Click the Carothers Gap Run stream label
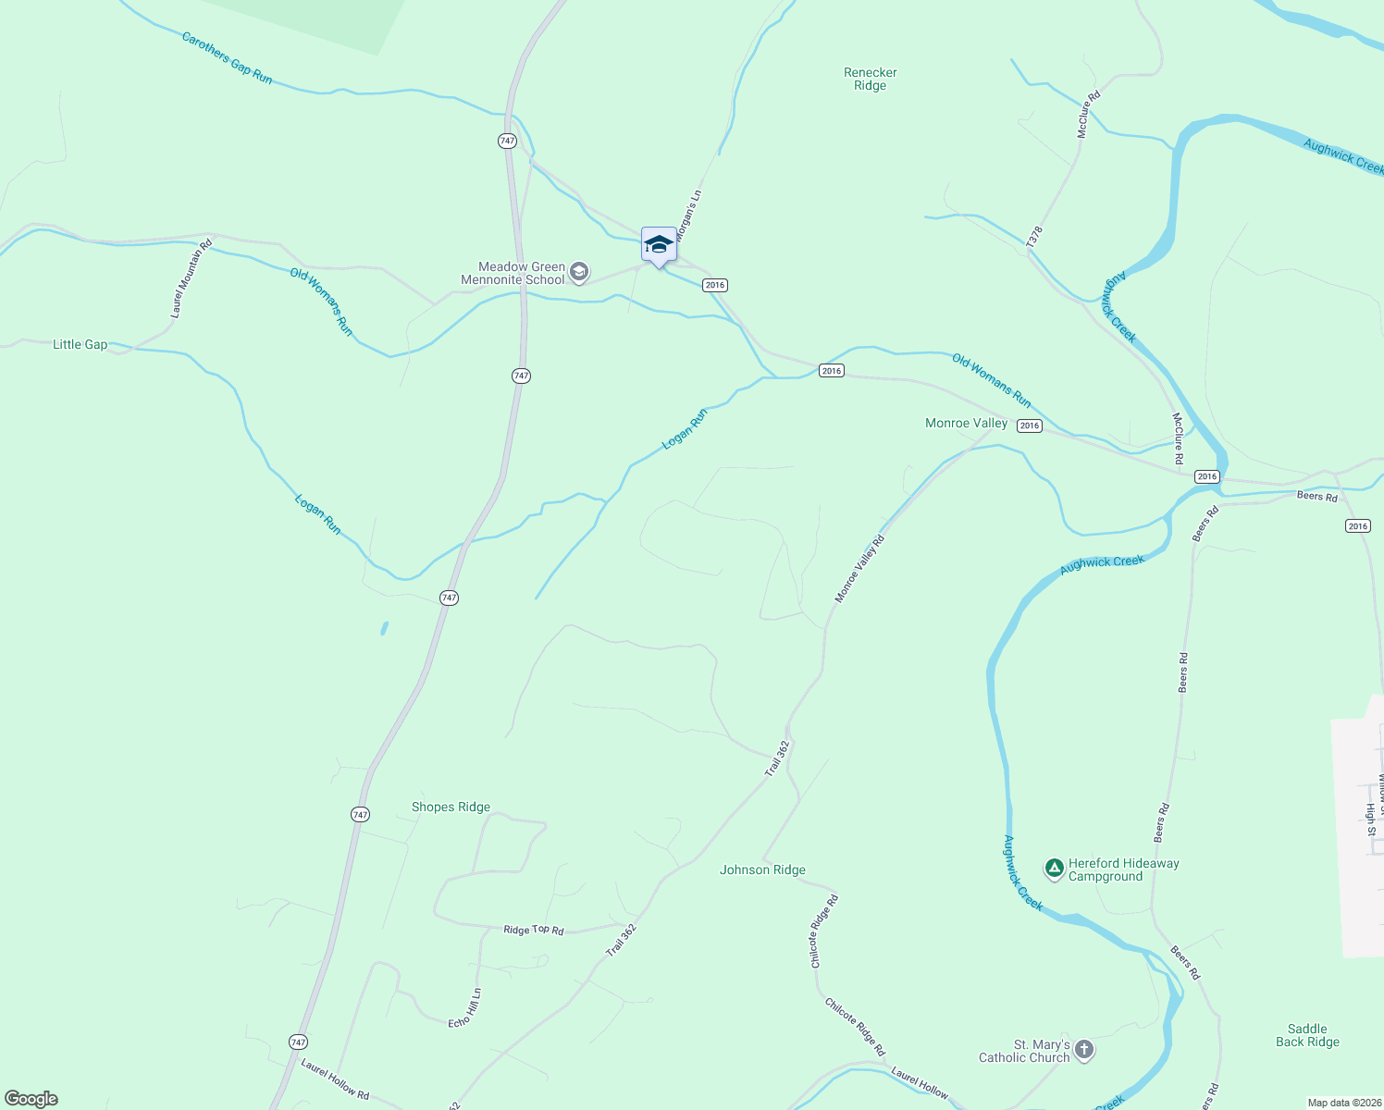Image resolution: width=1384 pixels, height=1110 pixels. (x=227, y=58)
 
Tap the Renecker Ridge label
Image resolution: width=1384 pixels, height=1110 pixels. (x=870, y=79)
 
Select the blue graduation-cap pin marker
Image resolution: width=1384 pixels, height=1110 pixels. (x=659, y=245)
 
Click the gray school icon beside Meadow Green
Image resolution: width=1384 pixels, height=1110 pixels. (x=579, y=272)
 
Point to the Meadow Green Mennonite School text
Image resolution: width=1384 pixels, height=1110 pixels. (x=513, y=273)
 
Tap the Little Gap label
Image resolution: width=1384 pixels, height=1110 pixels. (x=80, y=344)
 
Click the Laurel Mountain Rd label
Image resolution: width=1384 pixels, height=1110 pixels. (x=192, y=278)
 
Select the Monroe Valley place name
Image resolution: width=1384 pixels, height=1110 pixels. (x=966, y=423)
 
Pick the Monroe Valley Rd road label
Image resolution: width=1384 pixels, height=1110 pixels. (x=859, y=569)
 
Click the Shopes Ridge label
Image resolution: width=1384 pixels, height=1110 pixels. (x=451, y=807)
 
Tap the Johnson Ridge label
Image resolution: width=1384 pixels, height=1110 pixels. (x=762, y=869)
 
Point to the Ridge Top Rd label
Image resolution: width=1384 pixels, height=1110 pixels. (x=533, y=929)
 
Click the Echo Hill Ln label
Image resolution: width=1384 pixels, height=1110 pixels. (x=464, y=1008)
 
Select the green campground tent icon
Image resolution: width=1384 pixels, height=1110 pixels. (x=1053, y=869)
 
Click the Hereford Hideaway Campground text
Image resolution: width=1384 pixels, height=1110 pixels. (x=1123, y=869)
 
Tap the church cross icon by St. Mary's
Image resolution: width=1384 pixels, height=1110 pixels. (x=1084, y=1050)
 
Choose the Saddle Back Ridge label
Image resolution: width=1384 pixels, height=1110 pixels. (x=1307, y=1035)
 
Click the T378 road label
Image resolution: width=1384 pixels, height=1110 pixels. (x=1034, y=237)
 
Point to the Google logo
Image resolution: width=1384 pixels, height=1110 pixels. (x=31, y=1099)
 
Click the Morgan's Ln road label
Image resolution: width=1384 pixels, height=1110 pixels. (x=689, y=216)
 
